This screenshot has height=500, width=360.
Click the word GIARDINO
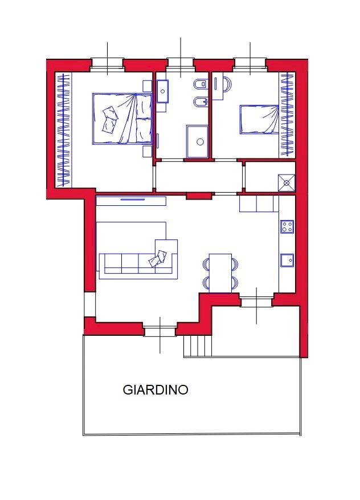tap(156, 389)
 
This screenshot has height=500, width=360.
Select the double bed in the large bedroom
tap(122, 119)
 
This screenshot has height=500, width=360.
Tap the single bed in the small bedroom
tap(259, 120)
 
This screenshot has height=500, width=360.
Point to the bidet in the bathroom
tap(201, 101)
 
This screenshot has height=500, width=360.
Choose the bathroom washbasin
tap(162, 91)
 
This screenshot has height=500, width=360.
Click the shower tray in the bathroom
tap(198, 141)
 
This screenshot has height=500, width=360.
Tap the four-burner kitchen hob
tap(287, 226)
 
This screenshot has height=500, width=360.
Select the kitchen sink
tap(287, 260)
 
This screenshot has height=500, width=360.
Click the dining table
tap(220, 273)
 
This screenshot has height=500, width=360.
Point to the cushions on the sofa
tap(158, 259)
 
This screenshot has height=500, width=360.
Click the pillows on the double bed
tap(110, 119)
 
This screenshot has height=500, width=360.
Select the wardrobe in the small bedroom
tap(287, 115)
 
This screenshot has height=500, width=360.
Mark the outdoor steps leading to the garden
tap(198, 346)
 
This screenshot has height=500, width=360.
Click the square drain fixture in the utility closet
tap(287, 182)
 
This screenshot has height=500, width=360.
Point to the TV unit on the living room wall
tap(131, 201)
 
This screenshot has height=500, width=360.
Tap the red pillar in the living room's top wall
tap(199, 196)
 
